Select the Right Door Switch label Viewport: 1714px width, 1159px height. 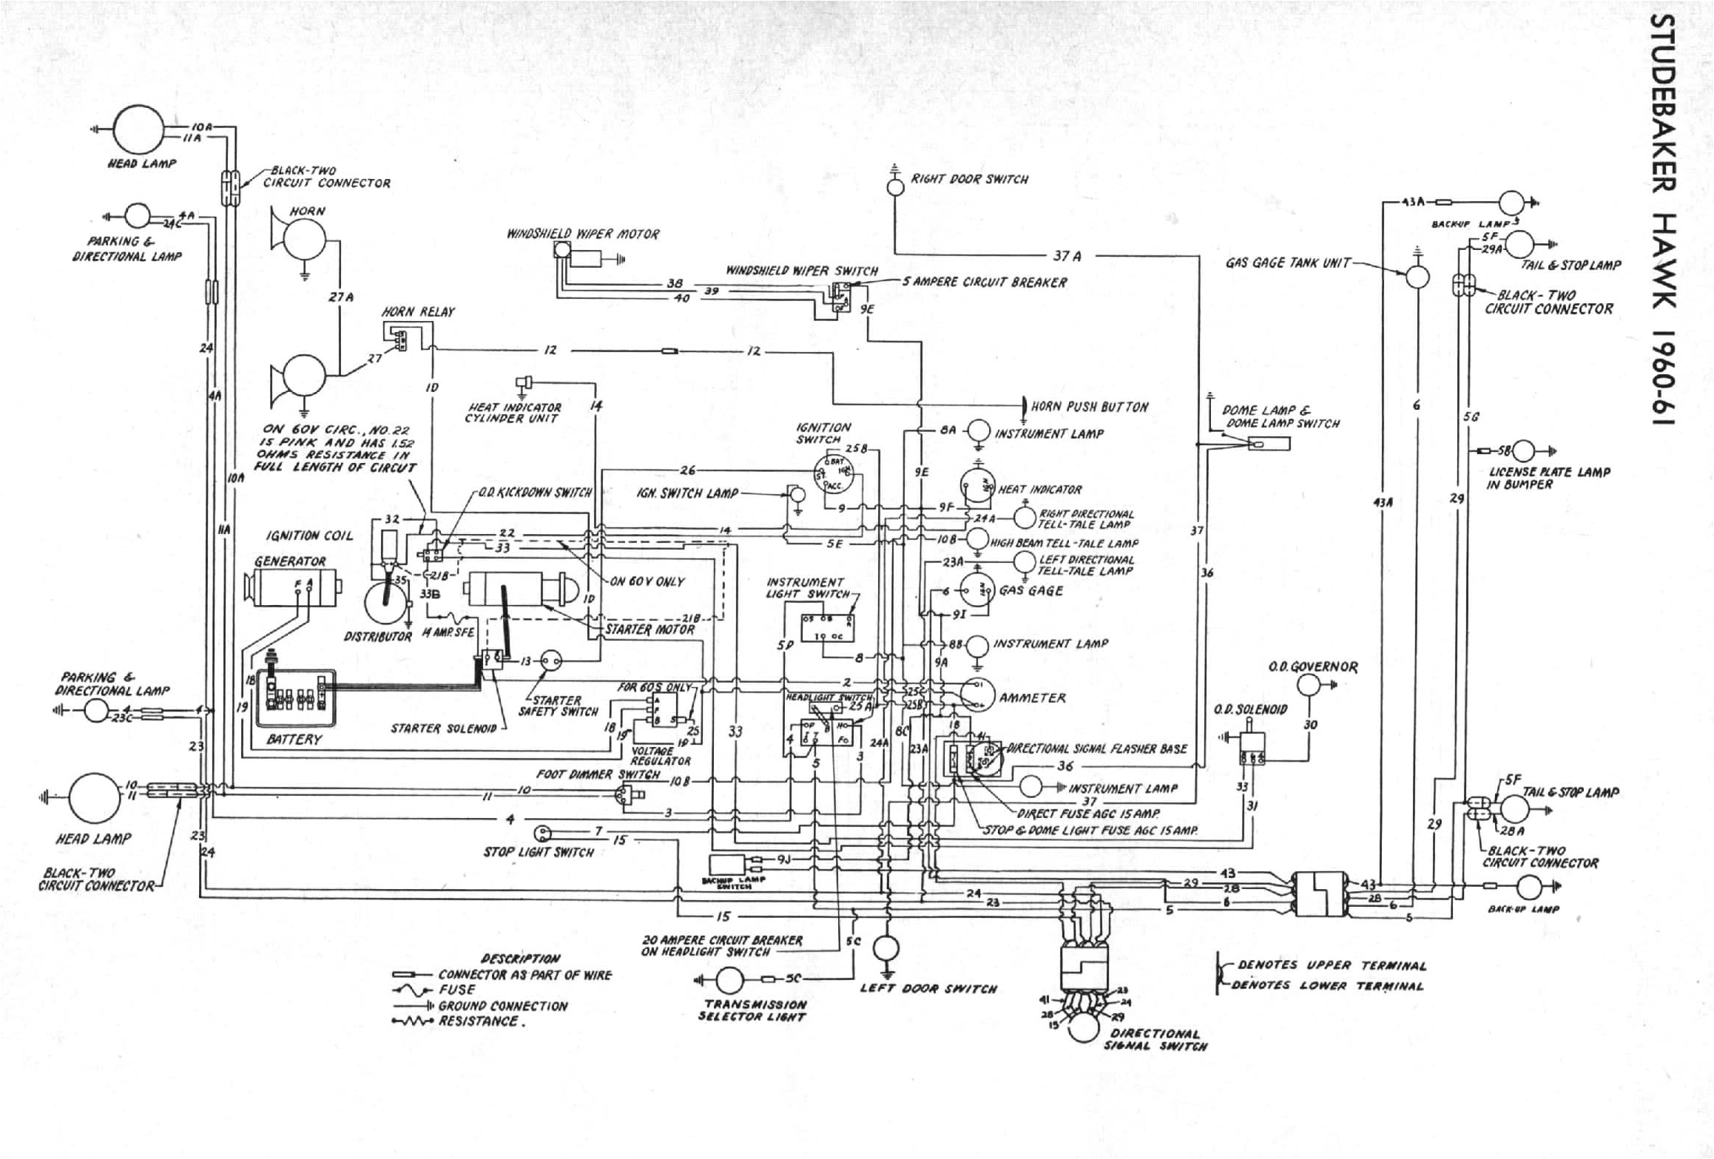coord(969,180)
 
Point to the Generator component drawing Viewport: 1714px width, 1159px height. coord(294,588)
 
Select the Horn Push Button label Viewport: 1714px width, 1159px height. coord(1099,407)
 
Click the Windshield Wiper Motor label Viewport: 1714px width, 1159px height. coord(582,234)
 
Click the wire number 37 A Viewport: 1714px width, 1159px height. coord(1067,256)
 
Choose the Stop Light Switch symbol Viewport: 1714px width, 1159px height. coord(544,834)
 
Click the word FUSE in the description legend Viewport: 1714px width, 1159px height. coord(457,990)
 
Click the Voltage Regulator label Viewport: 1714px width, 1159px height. coord(661,755)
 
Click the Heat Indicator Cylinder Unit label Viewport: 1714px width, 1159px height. coord(513,413)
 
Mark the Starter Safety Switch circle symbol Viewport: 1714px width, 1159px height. coord(551,660)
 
